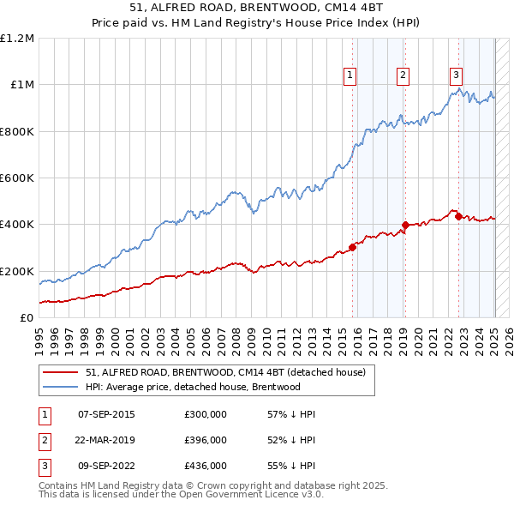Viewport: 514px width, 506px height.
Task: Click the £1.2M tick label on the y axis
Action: [x=17, y=38]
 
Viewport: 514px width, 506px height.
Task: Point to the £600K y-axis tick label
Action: [x=17, y=178]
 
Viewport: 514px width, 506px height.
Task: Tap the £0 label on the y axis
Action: [x=27, y=317]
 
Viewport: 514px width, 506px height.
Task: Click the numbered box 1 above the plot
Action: [x=351, y=75]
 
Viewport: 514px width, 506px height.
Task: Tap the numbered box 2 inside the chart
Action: [x=403, y=75]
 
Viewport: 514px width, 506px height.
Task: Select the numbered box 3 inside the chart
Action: [x=456, y=75]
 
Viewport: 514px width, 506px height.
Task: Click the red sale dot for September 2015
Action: [x=352, y=247]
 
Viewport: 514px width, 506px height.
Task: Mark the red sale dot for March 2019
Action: [x=405, y=226]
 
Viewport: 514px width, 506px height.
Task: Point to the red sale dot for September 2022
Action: [x=458, y=216]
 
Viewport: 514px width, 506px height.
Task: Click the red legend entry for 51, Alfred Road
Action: [x=226, y=372]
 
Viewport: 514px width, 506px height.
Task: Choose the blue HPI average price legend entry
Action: [x=193, y=387]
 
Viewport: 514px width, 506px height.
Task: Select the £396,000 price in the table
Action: [x=206, y=440]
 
